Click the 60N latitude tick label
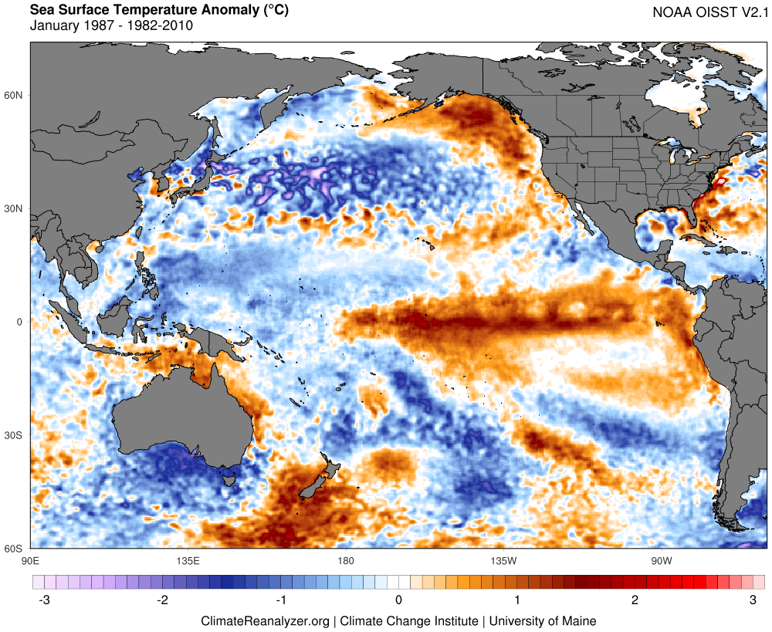[15, 95]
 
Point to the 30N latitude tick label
[15, 208]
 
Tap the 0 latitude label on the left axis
[21, 322]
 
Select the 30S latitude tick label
[15, 435]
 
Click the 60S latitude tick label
[15, 549]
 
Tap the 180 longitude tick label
[345, 559]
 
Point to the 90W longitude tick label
[660, 559]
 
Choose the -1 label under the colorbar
[279, 600]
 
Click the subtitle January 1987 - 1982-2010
[111, 25]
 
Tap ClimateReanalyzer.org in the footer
[265, 620]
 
